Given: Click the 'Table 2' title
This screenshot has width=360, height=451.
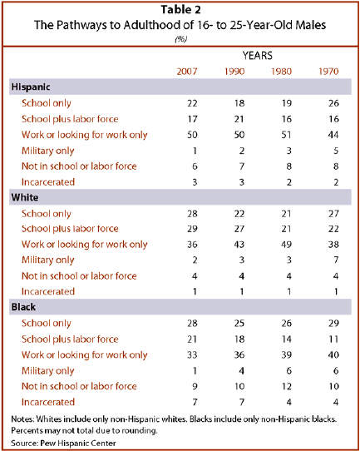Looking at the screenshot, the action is pyautogui.click(x=180, y=9).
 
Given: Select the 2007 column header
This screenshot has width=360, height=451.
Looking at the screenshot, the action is pyautogui.click(x=187, y=72).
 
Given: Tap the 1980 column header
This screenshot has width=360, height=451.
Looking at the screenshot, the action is pyautogui.click(x=281, y=72).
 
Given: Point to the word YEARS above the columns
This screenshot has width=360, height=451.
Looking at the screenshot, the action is pyautogui.click(x=258, y=56).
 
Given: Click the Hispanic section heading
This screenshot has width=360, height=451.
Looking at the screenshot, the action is pyautogui.click(x=31, y=87).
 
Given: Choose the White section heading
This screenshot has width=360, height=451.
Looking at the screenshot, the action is pyautogui.click(x=25, y=197).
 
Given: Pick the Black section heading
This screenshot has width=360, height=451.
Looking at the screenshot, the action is pyautogui.click(x=23, y=307).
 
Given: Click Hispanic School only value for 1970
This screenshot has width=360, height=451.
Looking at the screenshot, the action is pyautogui.click(x=333, y=103).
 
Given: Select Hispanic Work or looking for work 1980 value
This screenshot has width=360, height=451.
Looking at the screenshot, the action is pyautogui.click(x=287, y=135).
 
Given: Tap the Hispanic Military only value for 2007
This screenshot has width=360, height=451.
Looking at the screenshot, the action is pyautogui.click(x=195, y=151).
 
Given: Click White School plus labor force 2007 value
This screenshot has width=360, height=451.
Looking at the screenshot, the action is pyautogui.click(x=192, y=229).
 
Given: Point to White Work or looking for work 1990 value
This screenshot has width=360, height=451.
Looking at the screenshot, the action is pyautogui.click(x=239, y=245).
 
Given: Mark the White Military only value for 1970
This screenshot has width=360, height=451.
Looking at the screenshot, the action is pyautogui.click(x=336, y=260).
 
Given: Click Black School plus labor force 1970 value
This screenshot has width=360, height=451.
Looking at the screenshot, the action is pyautogui.click(x=333, y=339).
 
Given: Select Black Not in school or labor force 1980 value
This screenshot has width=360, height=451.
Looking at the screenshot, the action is pyautogui.click(x=287, y=386).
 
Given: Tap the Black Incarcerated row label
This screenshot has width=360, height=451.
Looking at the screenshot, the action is pyautogui.click(x=48, y=402).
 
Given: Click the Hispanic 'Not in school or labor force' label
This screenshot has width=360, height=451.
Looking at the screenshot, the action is pyautogui.click(x=79, y=166).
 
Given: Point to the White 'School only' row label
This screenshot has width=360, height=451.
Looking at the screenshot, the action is pyautogui.click(x=47, y=214).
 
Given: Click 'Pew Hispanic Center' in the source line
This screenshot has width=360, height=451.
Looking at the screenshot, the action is pyautogui.click(x=78, y=444).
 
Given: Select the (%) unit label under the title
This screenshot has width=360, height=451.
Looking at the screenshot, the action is pyautogui.click(x=181, y=39).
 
